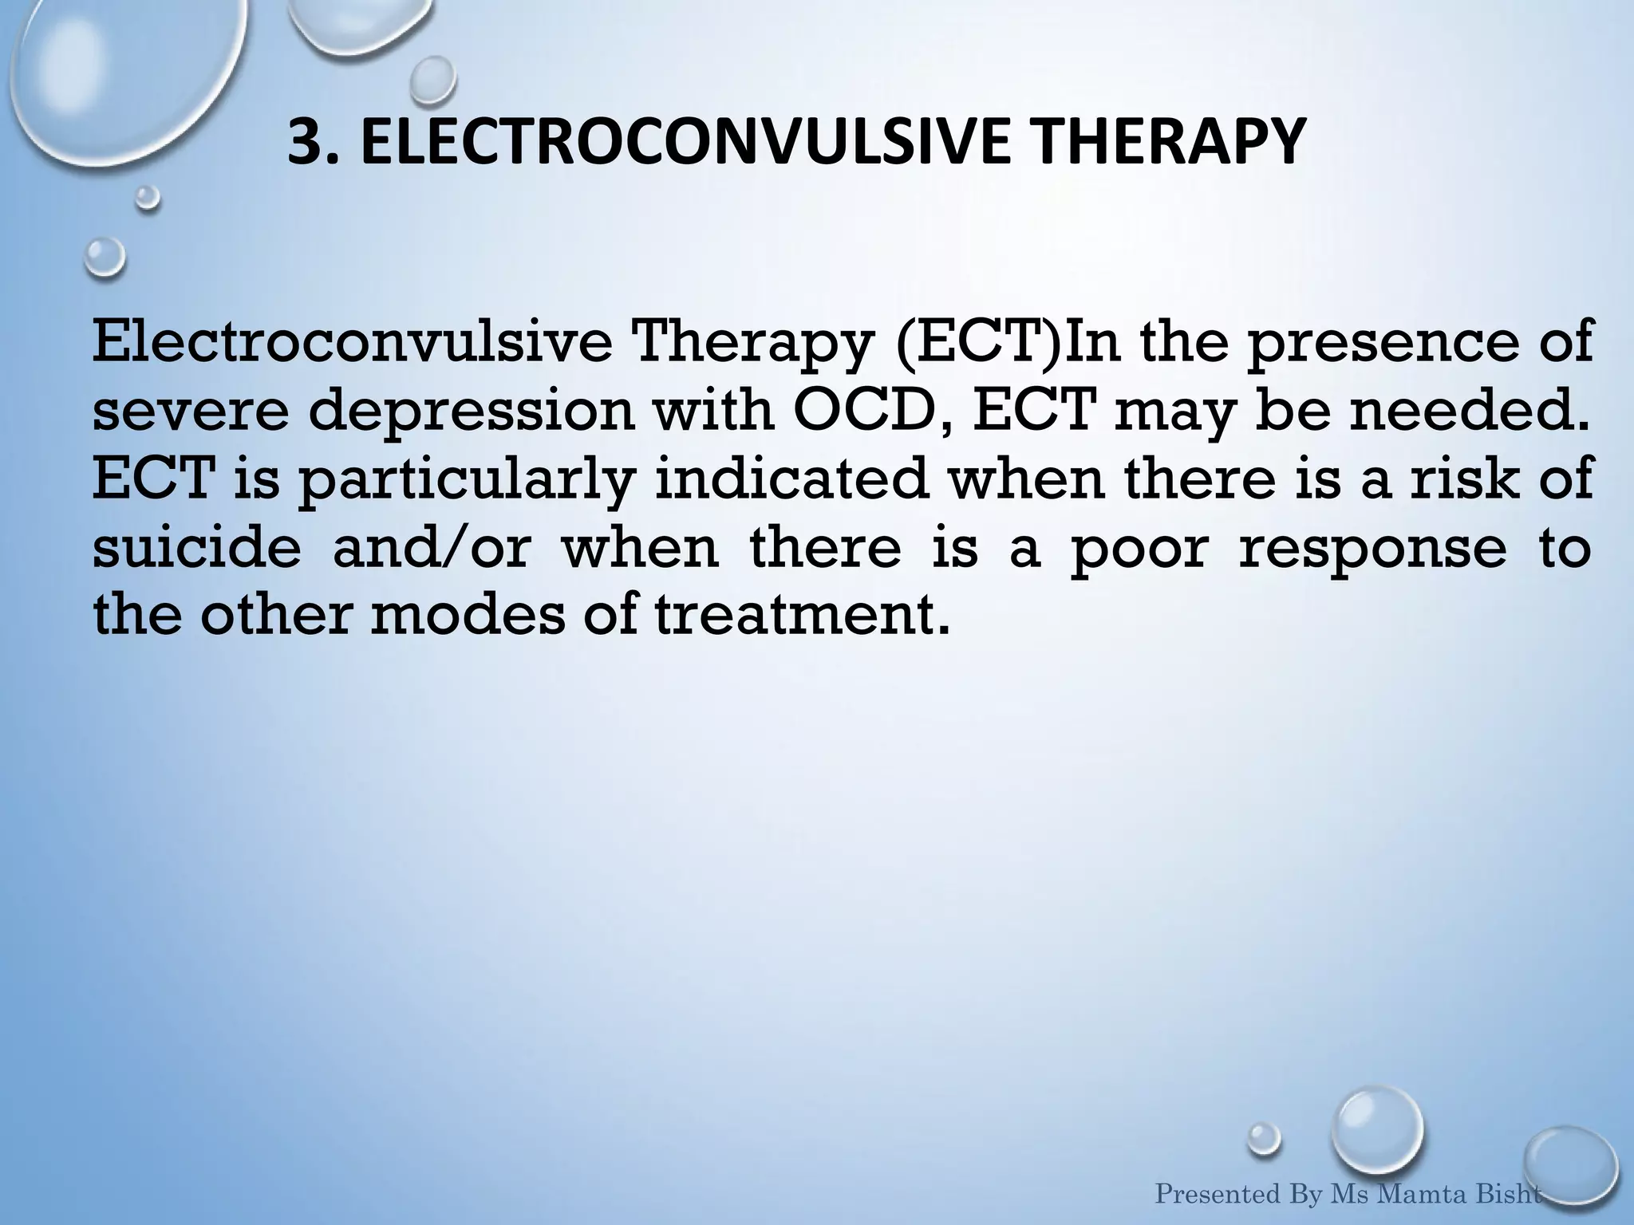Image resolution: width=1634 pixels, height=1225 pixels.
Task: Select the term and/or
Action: (432, 549)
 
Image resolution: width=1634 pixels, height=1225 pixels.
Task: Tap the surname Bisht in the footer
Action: (1510, 1195)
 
